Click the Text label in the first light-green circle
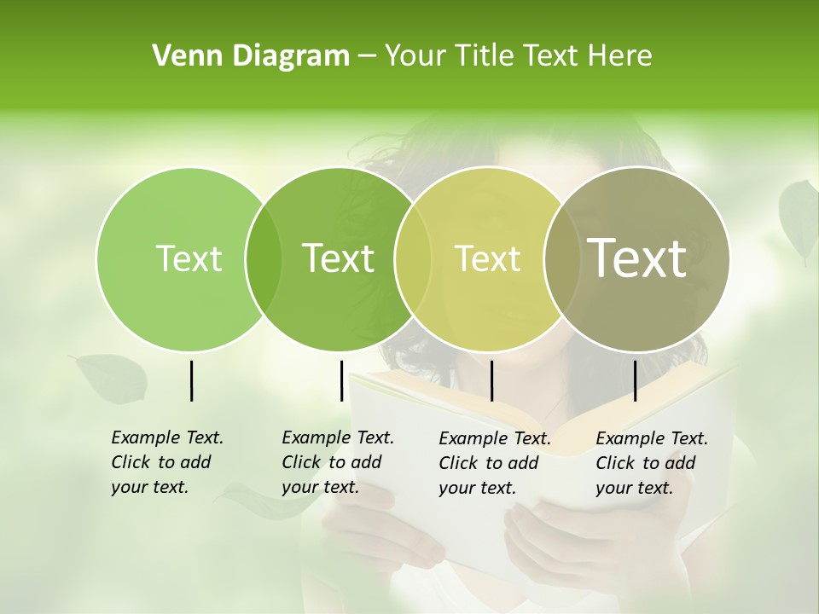pyautogui.click(x=189, y=258)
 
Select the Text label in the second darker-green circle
pyautogui.click(x=339, y=258)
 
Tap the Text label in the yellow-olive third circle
pyautogui.click(x=487, y=258)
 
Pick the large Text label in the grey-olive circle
pyautogui.click(x=637, y=258)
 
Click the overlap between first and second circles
pyautogui.click(x=264, y=258)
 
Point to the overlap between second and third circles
pyautogui.click(x=413, y=258)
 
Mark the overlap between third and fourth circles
pyautogui.click(x=561, y=258)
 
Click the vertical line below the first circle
pyautogui.click(x=191, y=380)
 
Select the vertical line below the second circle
pyautogui.click(x=341, y=380)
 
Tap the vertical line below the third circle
pyautogui.click(x=491, y=380)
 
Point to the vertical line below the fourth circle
pyautogui.click(x=635, y=380)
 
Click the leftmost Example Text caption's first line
pyautogui.click(x=167, y=437)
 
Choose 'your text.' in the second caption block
pyautogui.click(x=320, y=488)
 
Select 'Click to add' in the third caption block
pyautogui.click(x=489, y=463)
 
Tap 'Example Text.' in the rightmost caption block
pyautogui.click(x=652, y=438)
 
